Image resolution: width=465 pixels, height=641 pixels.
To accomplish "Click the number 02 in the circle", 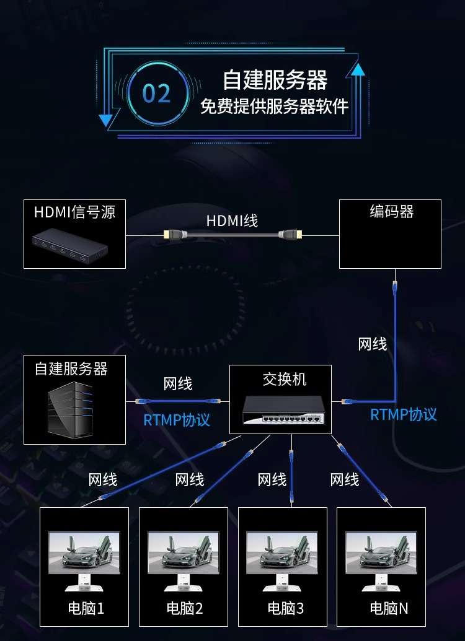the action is (x=156, y=94).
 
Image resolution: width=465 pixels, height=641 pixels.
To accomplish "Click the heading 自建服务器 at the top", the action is (x=275, y=81).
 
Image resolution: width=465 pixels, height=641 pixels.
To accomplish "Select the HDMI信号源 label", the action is (x=74, y=212).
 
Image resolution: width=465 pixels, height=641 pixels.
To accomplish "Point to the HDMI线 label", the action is (x=232, y=220).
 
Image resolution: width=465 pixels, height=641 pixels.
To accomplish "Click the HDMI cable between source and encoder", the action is (x=232, y=235).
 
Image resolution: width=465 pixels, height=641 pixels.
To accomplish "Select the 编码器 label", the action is (x=391, y=212).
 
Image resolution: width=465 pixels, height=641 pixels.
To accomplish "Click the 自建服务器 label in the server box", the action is (x=71, y=369).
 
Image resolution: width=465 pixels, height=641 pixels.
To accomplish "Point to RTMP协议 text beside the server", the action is (x=177, y=420).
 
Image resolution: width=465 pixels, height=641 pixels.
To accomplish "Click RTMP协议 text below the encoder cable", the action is (x=403, y=414).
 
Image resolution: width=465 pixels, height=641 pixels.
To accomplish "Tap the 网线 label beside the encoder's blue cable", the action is (x=373, y=344).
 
